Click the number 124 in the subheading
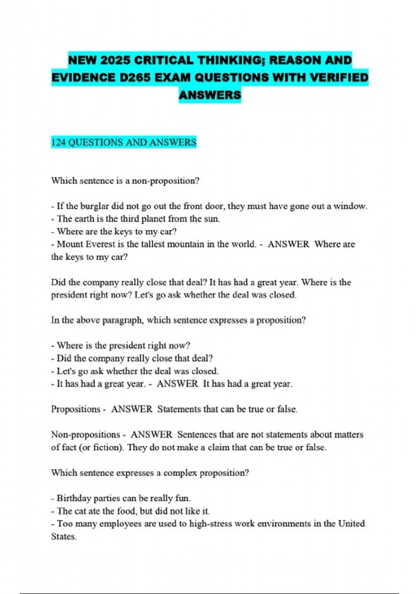click(x=58, y=143)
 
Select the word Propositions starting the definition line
click(x=75, y=409)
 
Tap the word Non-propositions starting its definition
click(x=86, y=435)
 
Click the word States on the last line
click(x=64, y=536)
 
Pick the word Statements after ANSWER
click(x=179, y=409)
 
